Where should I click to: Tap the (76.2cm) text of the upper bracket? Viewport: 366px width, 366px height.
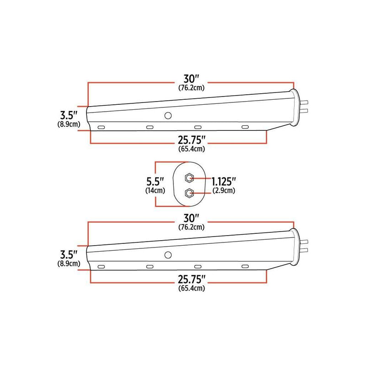point(191,88)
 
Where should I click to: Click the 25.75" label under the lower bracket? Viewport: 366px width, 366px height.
point(192,280)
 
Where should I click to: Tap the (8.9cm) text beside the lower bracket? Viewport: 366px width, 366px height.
point(67,264)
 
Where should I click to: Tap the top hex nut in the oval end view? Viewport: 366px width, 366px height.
point(188,177)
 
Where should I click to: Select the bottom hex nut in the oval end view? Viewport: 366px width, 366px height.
point(188,193)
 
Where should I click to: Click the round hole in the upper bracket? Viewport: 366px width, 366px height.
point(168,115)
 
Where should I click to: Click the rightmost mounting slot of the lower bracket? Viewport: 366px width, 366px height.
point(245,266)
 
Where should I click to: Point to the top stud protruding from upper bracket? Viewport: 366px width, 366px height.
point(305,102)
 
